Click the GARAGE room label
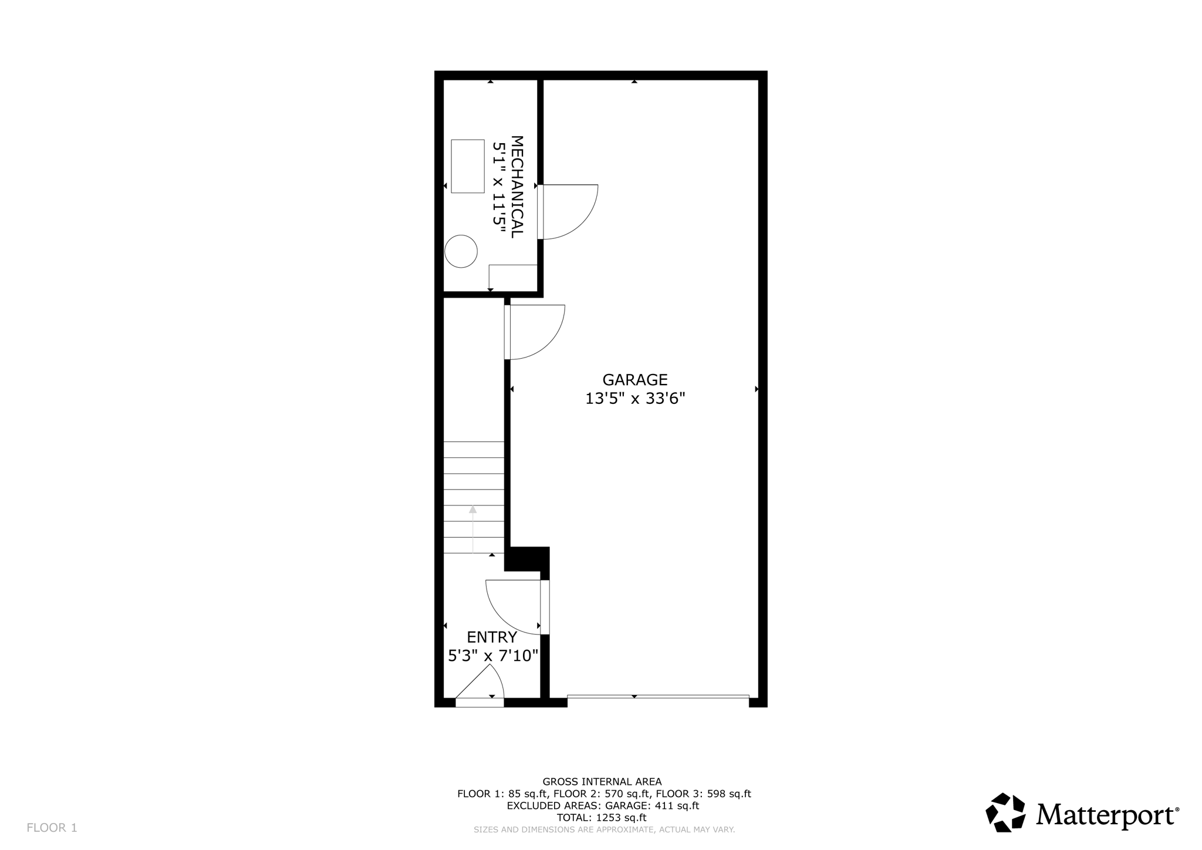pos(635,380)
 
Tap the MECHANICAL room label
pos(516,187)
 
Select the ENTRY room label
pos(492,637)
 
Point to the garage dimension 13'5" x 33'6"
pos(635,399)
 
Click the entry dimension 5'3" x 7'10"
pos(493,655)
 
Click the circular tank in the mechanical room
pos(461,251)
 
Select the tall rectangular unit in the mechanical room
pos(468,166)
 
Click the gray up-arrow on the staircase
pos(472,510)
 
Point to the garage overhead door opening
pos(658,697)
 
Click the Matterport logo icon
pos(1005,812)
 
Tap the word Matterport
pos(1106,815)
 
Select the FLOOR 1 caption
pos(52,828)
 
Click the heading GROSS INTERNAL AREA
pos(602,781)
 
